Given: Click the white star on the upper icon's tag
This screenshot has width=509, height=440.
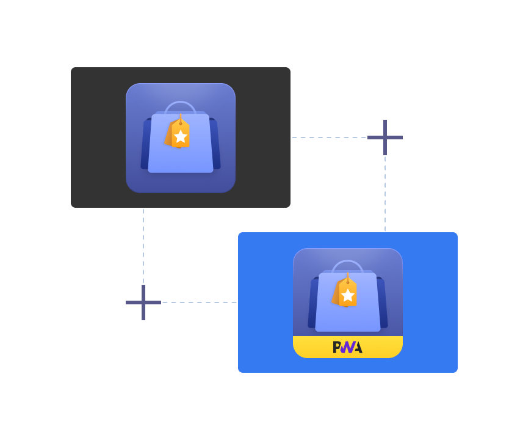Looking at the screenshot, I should (x=181, y=136).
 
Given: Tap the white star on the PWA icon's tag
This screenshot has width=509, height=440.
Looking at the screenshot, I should (x=348, y=295).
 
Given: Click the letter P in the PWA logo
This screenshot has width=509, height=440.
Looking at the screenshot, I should (x=337, y=347).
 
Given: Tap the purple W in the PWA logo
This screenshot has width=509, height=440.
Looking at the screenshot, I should (x=347, y=347).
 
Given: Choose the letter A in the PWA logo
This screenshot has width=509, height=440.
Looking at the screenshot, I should (x=357, y=347).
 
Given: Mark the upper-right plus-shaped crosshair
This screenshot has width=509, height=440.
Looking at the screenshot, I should (x=385, y=137).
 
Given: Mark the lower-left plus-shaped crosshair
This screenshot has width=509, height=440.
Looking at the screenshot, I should (x=143, y=302).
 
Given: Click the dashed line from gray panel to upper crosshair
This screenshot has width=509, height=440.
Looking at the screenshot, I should (x=330, y=137).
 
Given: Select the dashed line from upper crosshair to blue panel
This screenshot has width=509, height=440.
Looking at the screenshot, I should (x=385, y=193).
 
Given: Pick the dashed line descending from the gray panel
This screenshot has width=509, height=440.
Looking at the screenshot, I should (x=143, y=244).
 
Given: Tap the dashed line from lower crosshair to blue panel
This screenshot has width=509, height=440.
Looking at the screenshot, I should (x=198, y=302).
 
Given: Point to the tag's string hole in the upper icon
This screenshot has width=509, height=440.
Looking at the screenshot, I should (x=181, y=123).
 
